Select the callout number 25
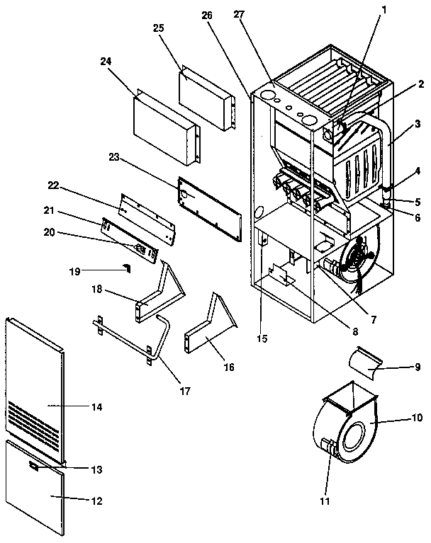click(159, 28)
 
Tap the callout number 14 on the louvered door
click(97, 407)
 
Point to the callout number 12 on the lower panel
click(96, 501)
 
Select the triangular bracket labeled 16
click(209, 329)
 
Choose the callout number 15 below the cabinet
click(262, 339)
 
